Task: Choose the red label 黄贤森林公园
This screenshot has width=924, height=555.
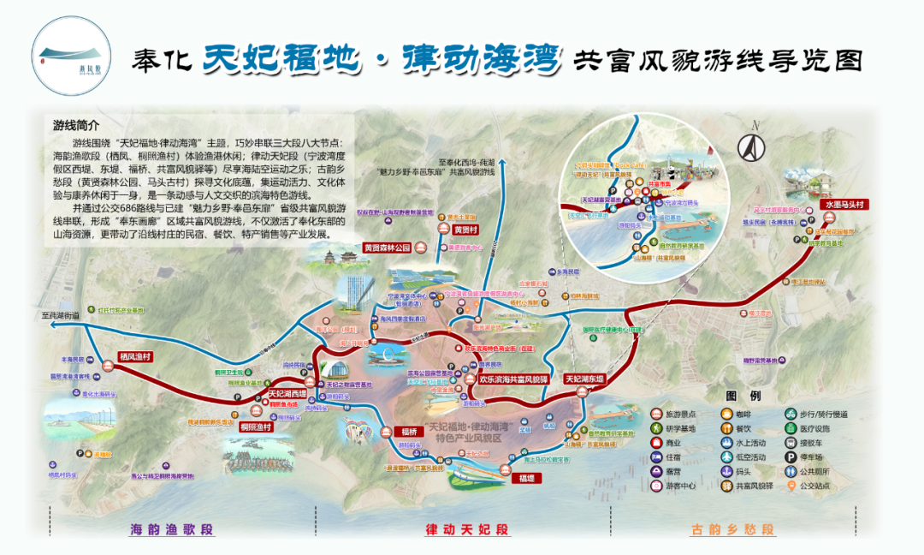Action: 388,248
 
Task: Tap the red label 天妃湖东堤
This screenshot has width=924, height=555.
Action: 583,379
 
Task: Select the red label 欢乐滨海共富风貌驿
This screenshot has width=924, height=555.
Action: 512,379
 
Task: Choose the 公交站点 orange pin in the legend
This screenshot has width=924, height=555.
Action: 792,485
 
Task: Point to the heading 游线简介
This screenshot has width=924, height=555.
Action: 76,125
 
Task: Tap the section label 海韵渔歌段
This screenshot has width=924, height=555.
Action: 170,529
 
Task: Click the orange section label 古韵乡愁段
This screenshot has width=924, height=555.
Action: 732,529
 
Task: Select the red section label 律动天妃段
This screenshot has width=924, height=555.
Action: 467,529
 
